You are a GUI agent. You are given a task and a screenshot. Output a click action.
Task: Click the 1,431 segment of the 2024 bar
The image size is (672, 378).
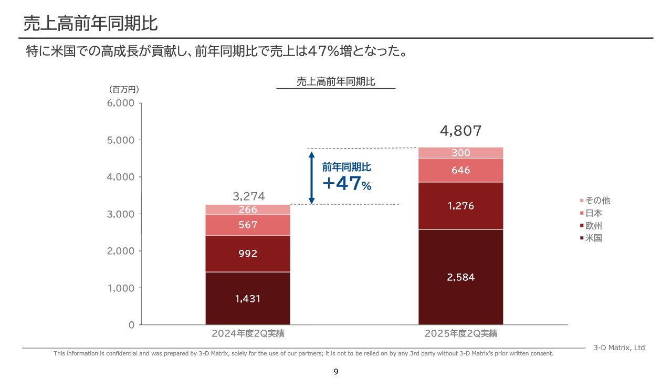(x=248, y=298)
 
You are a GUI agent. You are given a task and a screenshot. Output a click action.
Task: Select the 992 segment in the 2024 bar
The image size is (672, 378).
(x=248, y=254)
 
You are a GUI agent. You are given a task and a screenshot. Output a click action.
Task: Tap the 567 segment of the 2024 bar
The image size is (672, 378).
(x=248, y=225)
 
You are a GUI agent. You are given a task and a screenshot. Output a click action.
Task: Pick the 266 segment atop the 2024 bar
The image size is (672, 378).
(x=248, y=209)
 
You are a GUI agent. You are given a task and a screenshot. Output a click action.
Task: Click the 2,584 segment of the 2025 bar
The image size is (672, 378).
(x=460, y=277)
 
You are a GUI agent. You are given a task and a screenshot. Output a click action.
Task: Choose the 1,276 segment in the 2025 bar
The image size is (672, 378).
(x=460, y=206)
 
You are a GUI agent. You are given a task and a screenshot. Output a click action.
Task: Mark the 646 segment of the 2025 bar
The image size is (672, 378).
(x=460, y=170)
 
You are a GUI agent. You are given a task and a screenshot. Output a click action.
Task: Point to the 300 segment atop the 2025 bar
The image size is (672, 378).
(x=460, y=153)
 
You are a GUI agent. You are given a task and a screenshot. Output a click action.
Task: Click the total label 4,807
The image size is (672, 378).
(x=460, y=131)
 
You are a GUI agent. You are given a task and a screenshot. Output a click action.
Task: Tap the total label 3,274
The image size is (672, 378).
(x=248, y=197)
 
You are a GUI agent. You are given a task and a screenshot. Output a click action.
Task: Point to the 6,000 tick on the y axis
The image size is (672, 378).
(x=121, y=103)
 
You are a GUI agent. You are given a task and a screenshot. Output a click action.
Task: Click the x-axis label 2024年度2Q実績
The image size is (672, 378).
(x=248, y=333)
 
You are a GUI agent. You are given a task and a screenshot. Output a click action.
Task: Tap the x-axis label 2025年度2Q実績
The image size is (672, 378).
(x=461, y=333)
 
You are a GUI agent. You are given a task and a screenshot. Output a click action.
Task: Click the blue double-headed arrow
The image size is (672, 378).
(x=311, y=177)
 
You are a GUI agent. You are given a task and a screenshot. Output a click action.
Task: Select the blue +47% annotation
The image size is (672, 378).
(x=346, y=184)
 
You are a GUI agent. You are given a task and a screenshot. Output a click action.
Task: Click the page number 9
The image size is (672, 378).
(x=336, y=372)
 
